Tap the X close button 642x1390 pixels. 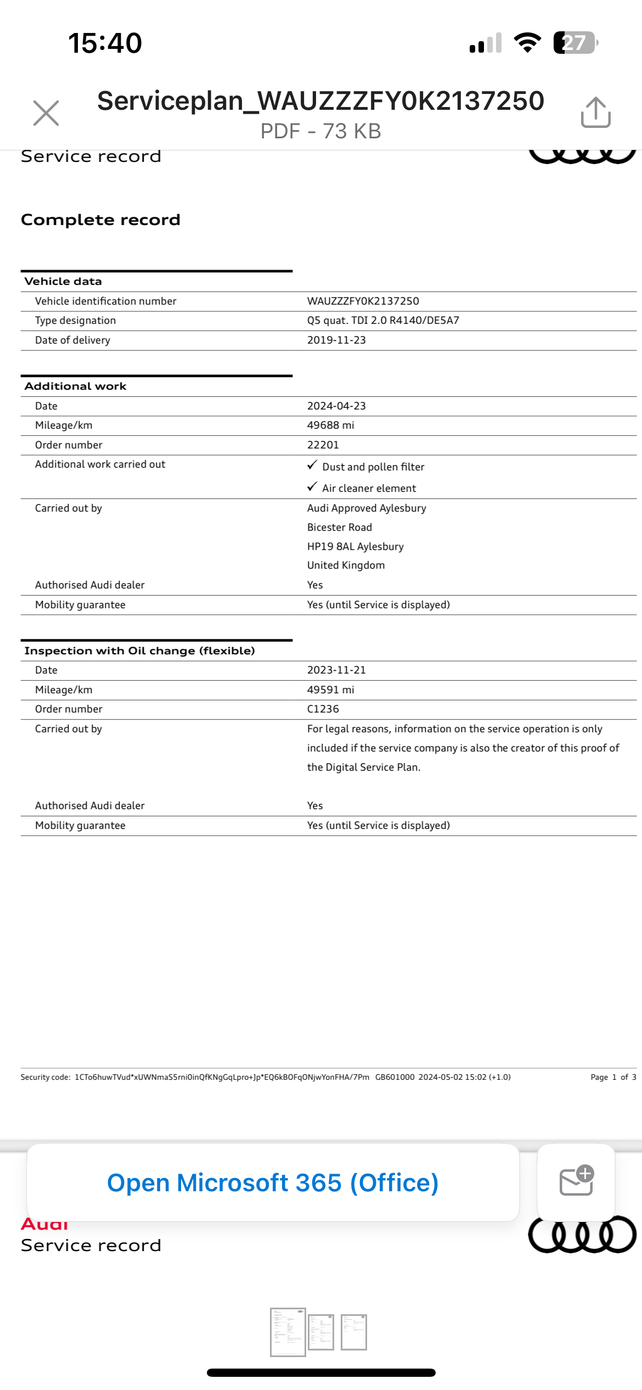coord(46,113)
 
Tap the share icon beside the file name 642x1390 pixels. coord(596,113)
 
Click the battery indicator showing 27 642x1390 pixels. coord(575,43)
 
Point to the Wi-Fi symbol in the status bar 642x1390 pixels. coord(527,43)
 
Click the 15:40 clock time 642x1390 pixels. coord(105,43)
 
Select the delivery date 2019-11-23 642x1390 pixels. coord(336,340)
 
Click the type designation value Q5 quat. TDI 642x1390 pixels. coord(383,321)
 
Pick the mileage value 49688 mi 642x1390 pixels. coord(330,425)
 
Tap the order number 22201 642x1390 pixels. coord(323,445)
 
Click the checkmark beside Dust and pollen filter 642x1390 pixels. coord(312,466)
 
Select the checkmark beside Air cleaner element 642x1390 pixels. coord(312,487)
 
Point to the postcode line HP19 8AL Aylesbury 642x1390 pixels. coord(355,547)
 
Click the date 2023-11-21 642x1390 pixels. coord(336,670)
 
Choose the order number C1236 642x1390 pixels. coord(323,709)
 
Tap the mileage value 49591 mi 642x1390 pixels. coord(330,690)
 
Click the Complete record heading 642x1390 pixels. coord(100,220)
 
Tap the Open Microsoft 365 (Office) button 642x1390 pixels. coord(273,1183)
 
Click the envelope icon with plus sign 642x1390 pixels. coord(576,1181)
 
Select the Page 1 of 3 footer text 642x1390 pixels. coord(613,1077)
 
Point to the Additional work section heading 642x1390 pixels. coord(76,386)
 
